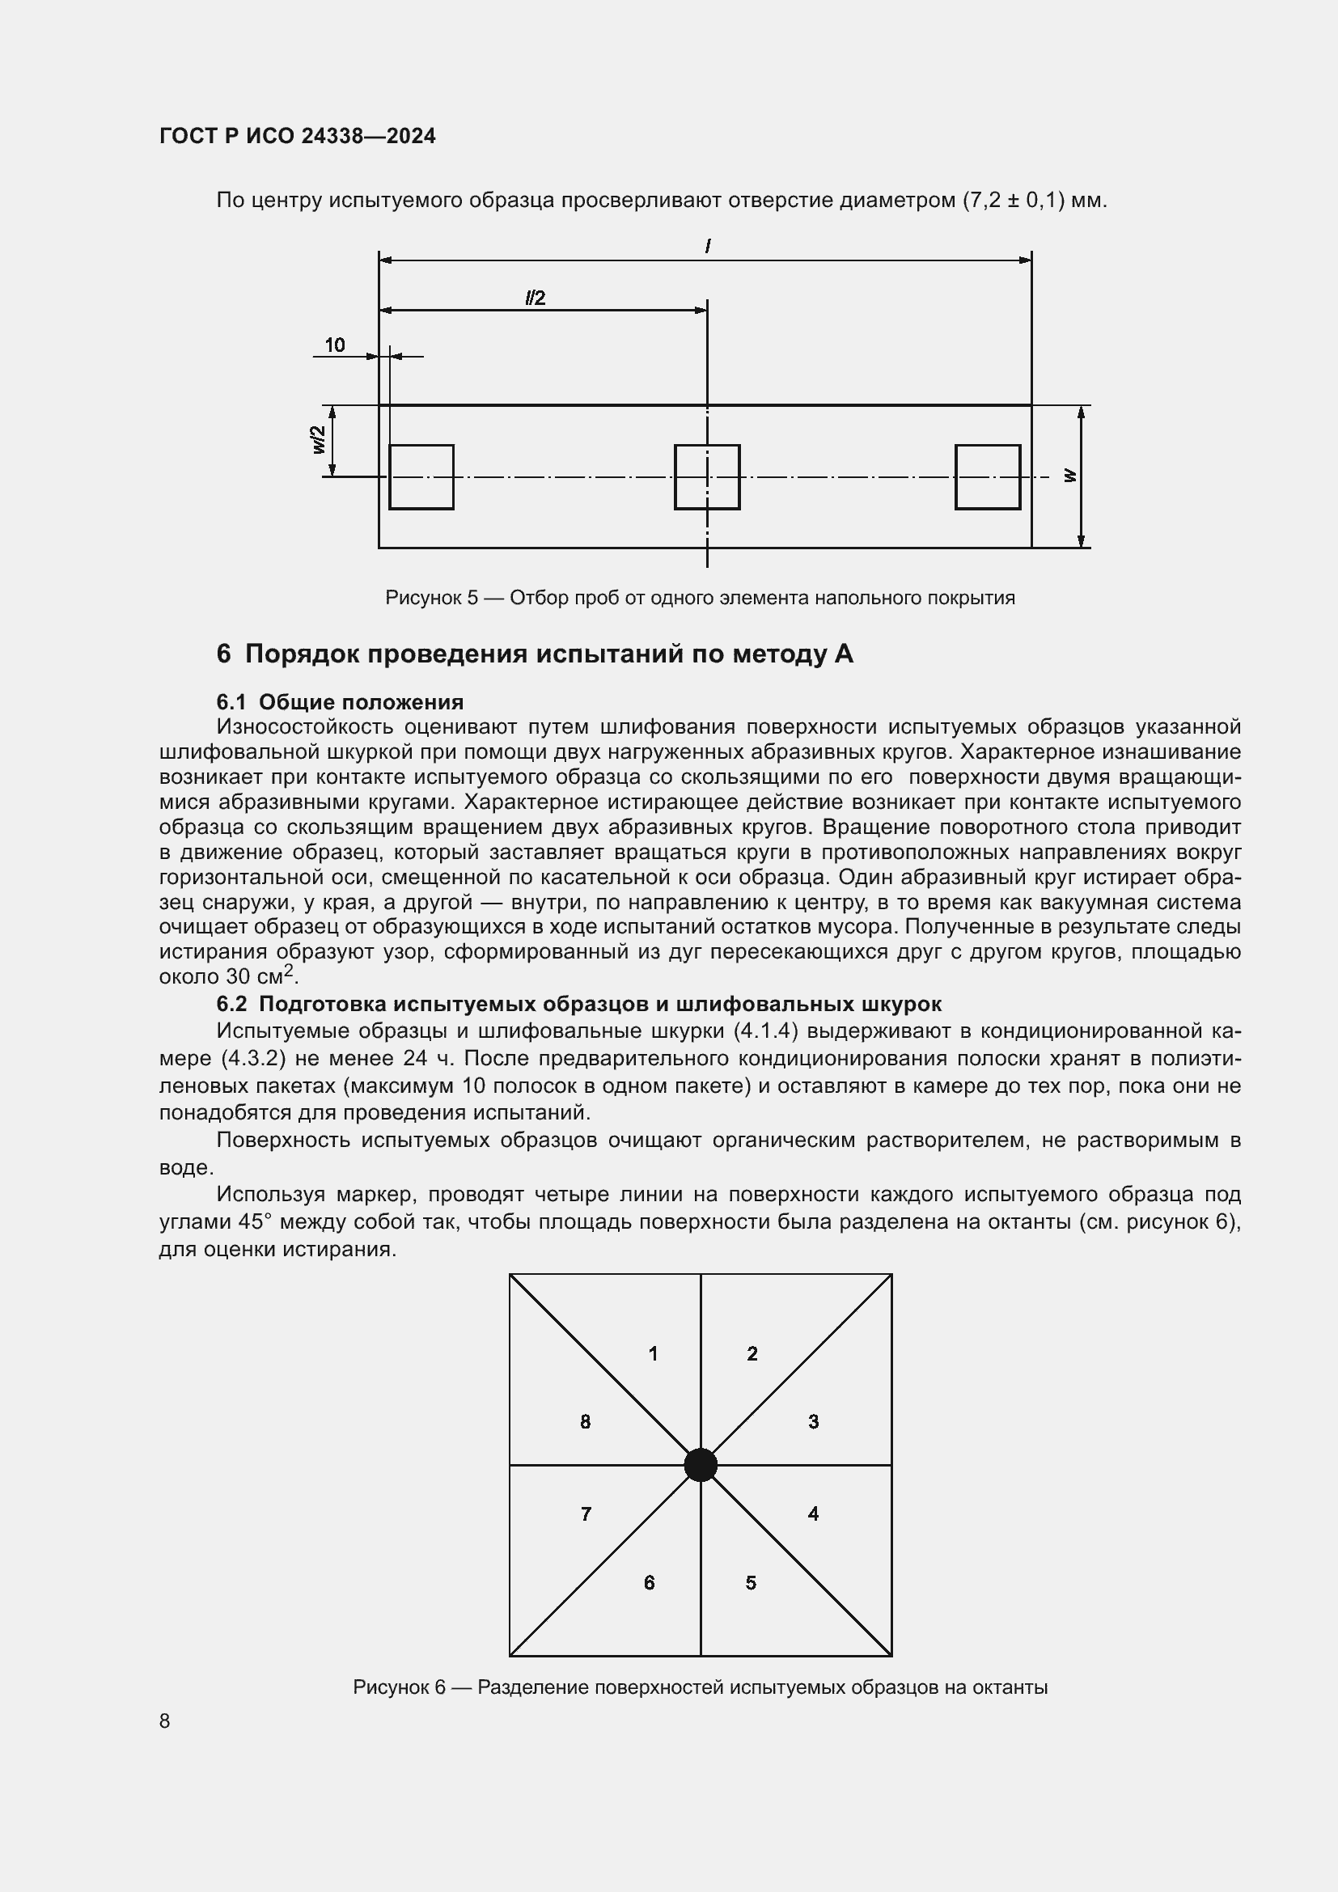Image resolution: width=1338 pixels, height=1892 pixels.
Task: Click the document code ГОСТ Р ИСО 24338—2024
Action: pyautogui.click(x=297, y=136)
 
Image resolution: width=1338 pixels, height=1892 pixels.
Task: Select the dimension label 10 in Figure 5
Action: pyautogui.click(x=335, y=345)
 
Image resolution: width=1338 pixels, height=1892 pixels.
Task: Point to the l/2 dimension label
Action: pyautogui.click(x=536, y=298)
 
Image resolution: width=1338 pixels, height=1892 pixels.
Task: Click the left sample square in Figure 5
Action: pyautogui.click(x=421, y=477)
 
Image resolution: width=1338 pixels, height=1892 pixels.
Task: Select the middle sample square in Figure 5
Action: pyautogui.click(x=707, y=477)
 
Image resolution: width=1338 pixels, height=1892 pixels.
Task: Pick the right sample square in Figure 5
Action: pyautogui.click(x=987, y=477)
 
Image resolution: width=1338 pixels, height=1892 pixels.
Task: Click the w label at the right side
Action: pyautogui.click(x=1069, y=476)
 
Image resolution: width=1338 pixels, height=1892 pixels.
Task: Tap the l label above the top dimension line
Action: pyautogui.click(x=707, y=247)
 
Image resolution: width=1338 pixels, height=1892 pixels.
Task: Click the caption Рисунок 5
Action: pyautogui.click(x=700, y=598)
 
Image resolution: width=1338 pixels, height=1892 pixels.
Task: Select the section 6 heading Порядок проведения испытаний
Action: pyautogui.click(x=535, y=654)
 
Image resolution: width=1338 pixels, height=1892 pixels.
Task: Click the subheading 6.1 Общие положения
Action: pyautogui.click(x=340, y=702)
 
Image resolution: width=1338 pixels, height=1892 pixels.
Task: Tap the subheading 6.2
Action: pyautogui.click(x=578, y=1004)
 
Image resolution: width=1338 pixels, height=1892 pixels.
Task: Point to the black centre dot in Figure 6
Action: pyautogui.click(x=701, y=1465)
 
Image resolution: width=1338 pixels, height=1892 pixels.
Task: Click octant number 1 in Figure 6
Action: pyautogui.click(x=653, y=1354)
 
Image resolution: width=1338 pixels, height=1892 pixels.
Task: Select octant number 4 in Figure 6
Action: pyautogui.click(x=813, y=1513)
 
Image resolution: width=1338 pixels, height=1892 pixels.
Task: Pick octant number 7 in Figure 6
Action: pyautogui.click(x=586, y=1514)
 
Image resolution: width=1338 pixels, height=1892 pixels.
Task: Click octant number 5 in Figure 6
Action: pyautogui.click(x=751, y=1583)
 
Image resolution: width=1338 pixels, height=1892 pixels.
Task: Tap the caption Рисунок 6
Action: pyautogui.click(x=700, y=1687)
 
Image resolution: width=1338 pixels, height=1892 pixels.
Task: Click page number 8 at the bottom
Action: pyautogui.click(x=165, y=1721)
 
